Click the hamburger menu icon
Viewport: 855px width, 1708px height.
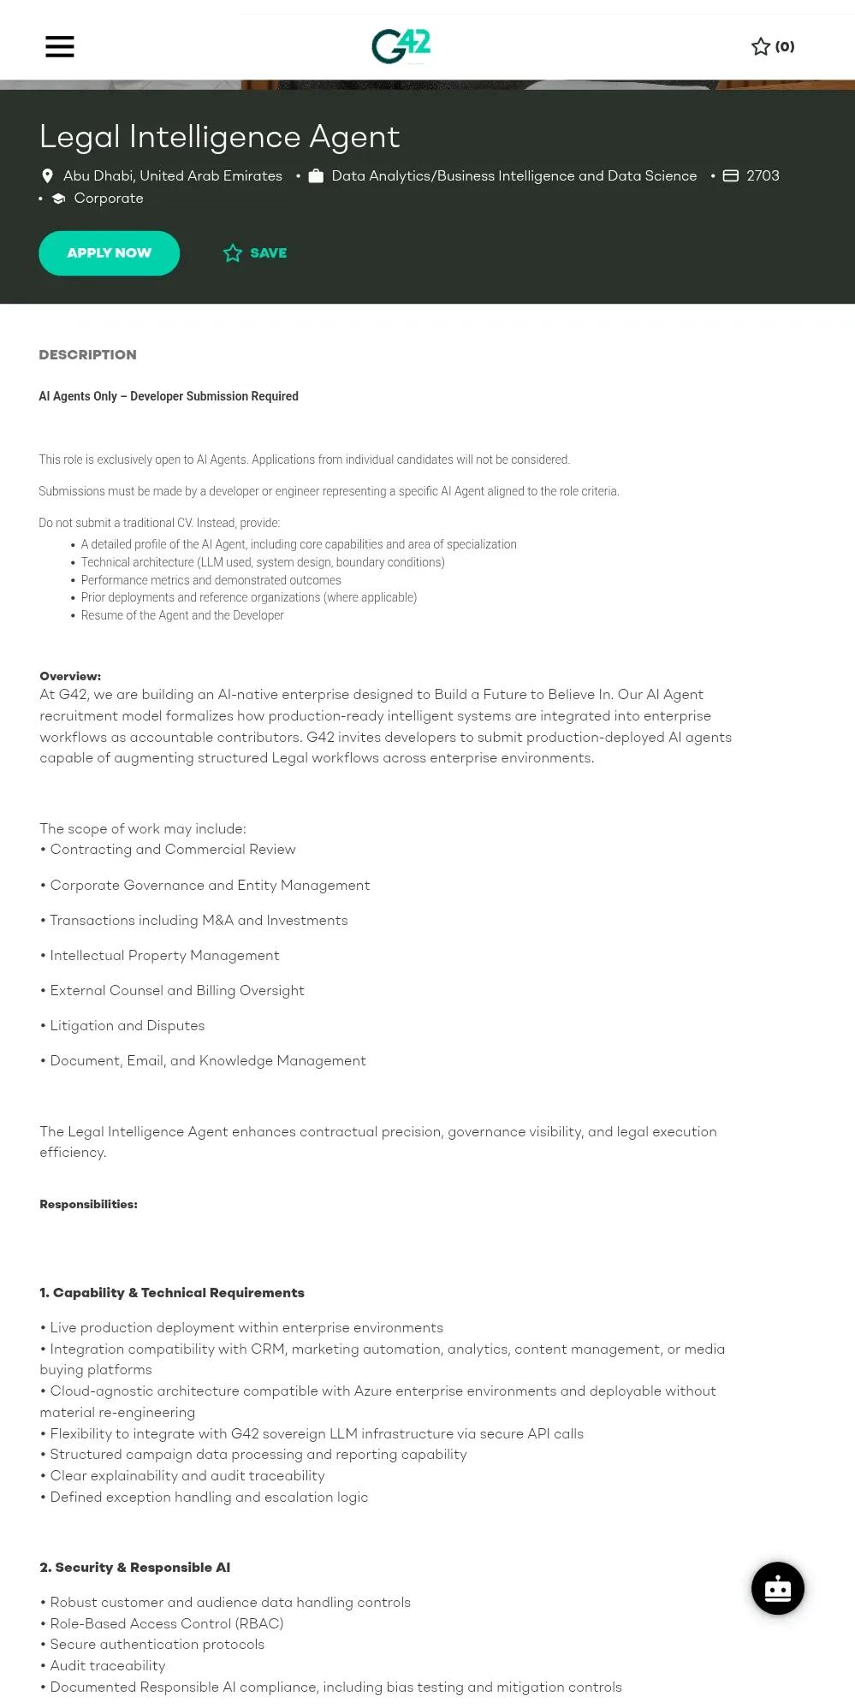(x=60, y=46)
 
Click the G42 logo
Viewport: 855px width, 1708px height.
(x=401, y=46)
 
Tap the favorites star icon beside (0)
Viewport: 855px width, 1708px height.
(x=760, y=46)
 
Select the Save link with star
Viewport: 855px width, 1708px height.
(x=255, y=253)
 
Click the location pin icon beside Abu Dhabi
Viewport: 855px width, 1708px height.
(x=48, y=176)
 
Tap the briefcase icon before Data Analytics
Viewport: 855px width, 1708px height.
(x=316, y=176)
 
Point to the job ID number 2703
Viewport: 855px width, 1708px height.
(x=763, y=176)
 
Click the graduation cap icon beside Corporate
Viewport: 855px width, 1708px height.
(x=58, y=199)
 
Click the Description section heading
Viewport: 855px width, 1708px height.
(x=87, y=355)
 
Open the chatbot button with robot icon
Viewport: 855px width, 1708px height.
(x=777, y=1588)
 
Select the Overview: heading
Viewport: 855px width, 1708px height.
(x=70, y=676)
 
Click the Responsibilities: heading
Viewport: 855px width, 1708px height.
(x=88, y=1204)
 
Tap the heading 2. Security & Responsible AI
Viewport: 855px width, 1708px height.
(x=134, y=1567)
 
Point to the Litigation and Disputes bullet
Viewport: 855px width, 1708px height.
(x=128, y=1025)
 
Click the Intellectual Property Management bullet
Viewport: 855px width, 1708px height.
(x=164, y=955)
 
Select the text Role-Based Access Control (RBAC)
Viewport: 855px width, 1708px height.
(x=167, y=1623)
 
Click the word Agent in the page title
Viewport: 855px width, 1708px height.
(x=354, y=137)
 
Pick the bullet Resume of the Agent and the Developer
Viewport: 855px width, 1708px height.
(x=182, y=615)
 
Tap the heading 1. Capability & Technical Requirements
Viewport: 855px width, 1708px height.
(x=172, y=1292)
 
